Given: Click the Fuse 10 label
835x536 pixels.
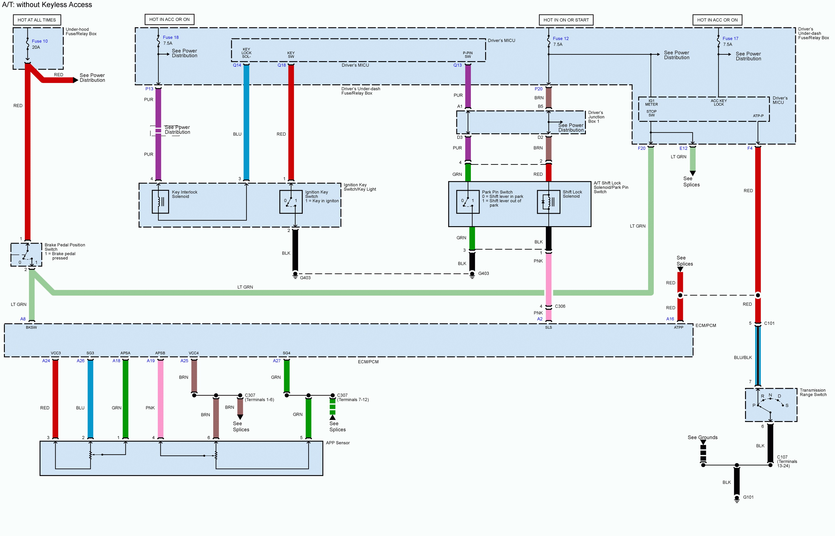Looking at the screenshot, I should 40,41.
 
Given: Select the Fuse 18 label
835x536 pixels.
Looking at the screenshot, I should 171,37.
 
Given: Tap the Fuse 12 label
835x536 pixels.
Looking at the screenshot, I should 561,38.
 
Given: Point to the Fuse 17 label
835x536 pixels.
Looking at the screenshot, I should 730,38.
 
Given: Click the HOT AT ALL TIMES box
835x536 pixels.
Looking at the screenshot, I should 37,20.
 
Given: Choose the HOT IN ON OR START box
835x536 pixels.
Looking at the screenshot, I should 566,20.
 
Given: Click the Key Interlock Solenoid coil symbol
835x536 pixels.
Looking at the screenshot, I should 160,202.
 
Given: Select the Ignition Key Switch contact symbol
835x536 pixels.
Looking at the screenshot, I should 291,202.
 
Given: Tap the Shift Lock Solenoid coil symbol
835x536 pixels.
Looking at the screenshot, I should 548,202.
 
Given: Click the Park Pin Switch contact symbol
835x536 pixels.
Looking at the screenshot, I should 468,202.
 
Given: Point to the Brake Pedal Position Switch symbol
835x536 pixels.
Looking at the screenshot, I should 26,255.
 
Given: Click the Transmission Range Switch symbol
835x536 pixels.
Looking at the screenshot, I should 771,405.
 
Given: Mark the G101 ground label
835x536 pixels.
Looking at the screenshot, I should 748,497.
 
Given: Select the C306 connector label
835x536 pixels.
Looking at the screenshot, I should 560,306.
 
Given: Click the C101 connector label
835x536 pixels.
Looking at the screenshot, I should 769,323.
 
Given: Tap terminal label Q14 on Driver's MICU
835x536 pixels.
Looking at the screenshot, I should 237,65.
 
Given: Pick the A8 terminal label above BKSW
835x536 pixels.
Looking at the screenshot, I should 23,319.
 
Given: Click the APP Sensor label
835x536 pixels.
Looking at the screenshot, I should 337,443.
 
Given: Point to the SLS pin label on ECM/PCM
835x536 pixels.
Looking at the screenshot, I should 548,327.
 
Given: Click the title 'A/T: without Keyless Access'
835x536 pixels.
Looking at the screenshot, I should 47,5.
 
